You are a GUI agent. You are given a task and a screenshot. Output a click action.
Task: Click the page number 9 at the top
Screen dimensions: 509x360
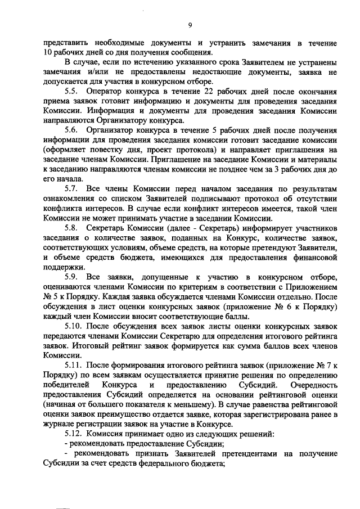coord(190,25)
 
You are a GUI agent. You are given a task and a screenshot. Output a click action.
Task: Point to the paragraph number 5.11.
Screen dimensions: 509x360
coord(74,364)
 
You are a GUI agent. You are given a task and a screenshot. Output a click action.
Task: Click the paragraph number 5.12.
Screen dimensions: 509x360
coord(74,434)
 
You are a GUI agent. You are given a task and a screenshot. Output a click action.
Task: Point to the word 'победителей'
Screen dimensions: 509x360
coord(65,384)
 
